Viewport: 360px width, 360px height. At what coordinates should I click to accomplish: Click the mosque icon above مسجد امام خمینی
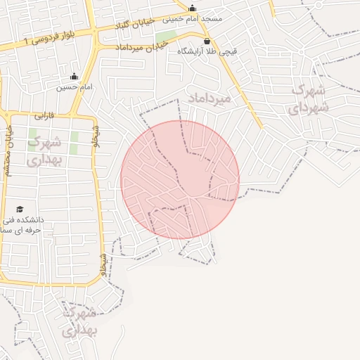tap(192, 8)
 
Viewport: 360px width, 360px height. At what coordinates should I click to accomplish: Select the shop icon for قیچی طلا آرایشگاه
tap(205, 41)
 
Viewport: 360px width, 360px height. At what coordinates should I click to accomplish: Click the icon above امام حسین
tap(74, 77)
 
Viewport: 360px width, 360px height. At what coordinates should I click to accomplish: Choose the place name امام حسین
tap(74, 87)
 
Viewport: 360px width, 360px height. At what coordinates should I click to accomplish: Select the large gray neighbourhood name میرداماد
tap(209, 99)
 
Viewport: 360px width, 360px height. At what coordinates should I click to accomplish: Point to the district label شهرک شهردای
tap(308, 98)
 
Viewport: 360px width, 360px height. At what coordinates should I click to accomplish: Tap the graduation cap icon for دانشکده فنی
tap(20, 210)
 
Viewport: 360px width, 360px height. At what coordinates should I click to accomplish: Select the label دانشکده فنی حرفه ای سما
tap(21, 225)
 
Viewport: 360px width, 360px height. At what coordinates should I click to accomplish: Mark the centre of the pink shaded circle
tap(180, 179)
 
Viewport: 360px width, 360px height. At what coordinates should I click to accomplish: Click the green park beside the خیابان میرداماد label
tap(166, 36)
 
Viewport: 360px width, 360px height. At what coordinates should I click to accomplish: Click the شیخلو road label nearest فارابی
tap(96, 136)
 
